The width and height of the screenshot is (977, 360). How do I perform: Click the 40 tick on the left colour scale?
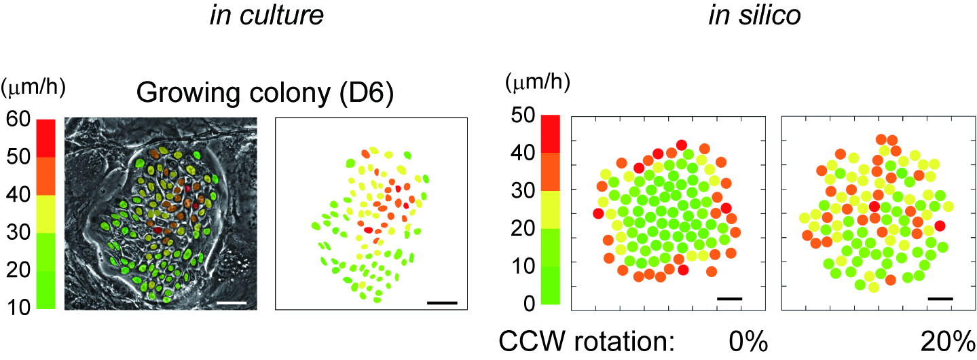tap(17, 196)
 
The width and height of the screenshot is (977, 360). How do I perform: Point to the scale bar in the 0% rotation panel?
tap(730, 298)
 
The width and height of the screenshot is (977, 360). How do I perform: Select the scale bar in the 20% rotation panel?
tap(940, 298)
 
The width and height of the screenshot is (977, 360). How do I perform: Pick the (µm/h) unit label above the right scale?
tap(537, 83)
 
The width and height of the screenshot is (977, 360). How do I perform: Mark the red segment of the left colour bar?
tap(45, 138)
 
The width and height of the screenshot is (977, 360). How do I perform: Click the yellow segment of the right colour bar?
tap(550, 209)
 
